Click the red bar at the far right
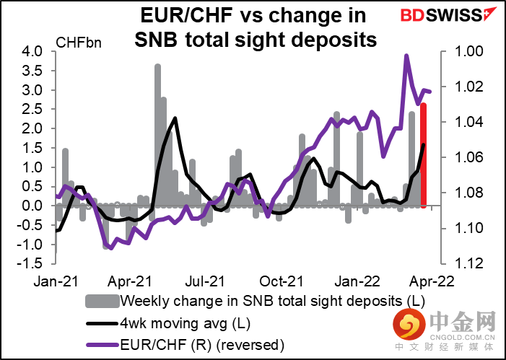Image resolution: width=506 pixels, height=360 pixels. click(424, 155)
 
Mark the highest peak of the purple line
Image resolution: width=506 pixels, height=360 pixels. click(406, 56)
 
